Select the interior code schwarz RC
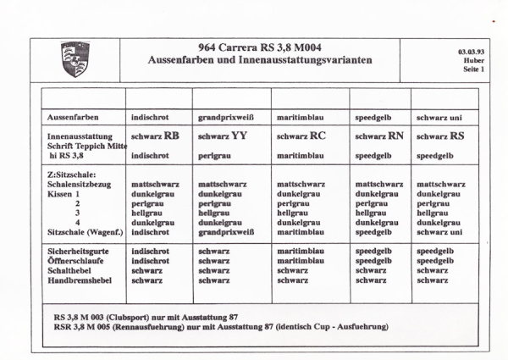(301, 136)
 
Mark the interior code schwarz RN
(378, 136)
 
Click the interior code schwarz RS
(440, 136)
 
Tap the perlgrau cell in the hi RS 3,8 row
(214, 157)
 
